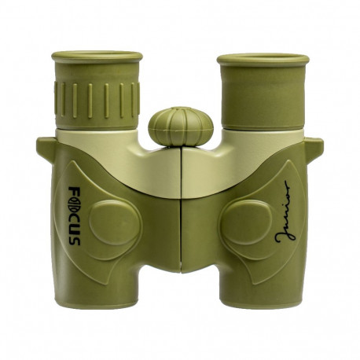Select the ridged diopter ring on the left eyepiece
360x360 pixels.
coord(97,97)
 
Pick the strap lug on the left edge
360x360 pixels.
coord(45,146)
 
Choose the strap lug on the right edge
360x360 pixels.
coord(314,146)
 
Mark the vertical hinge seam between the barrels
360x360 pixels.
coord(180,212)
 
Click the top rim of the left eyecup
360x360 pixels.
coord(97,57)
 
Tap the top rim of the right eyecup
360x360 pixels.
coord(263,58)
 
